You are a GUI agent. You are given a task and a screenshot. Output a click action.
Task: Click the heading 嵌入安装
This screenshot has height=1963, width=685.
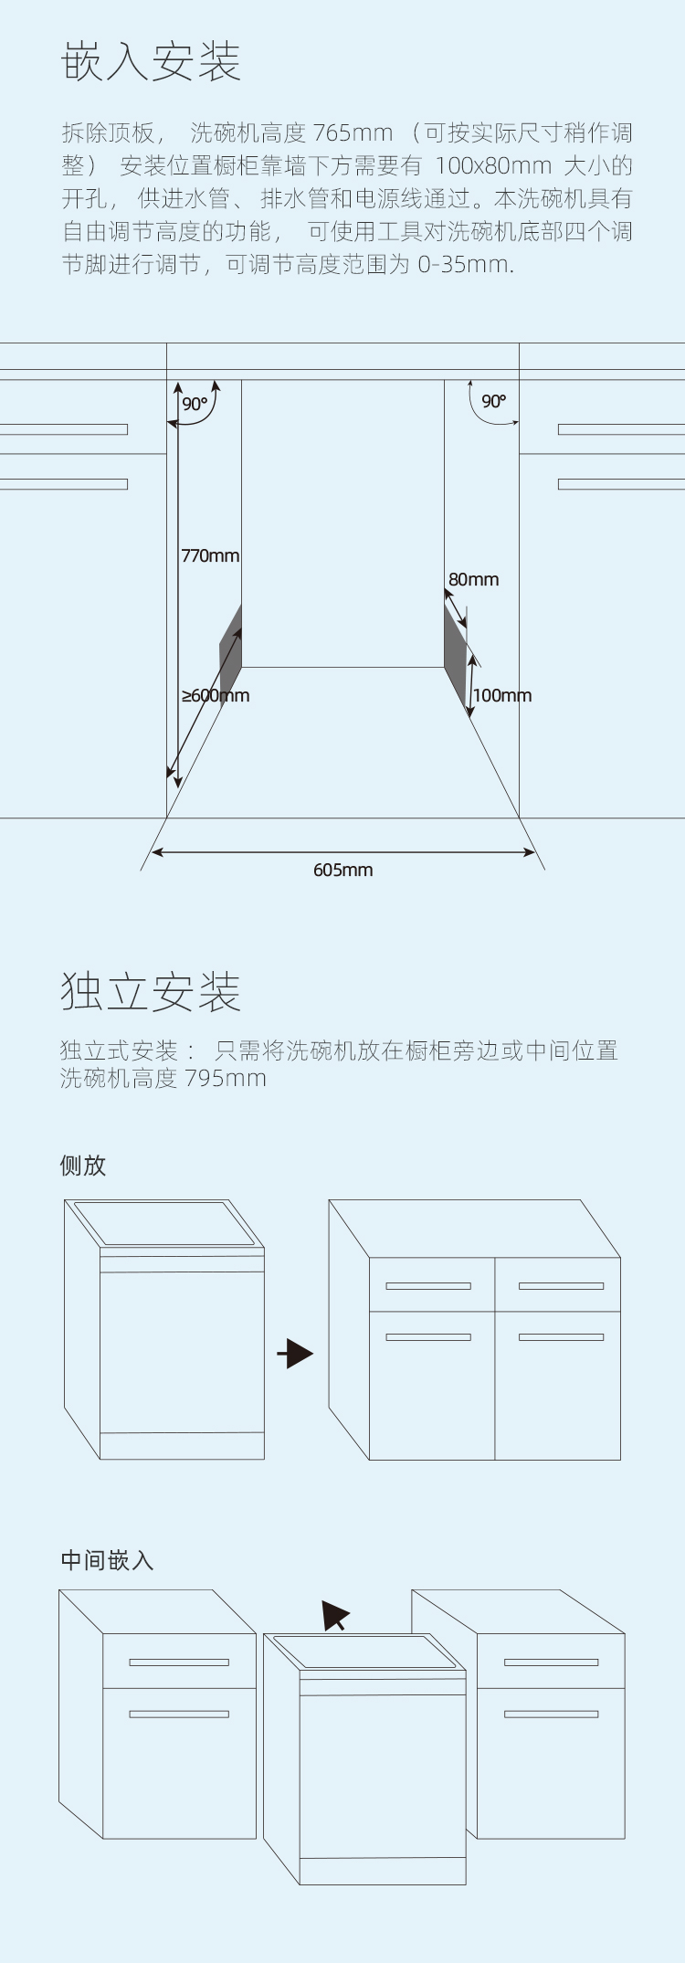click(151, 62)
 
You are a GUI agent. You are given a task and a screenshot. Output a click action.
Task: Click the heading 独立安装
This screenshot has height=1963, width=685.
click(151, 991)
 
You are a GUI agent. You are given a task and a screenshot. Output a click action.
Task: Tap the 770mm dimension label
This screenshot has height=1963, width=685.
click(210, 555)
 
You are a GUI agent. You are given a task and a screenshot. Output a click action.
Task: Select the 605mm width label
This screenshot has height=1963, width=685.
click(343, 870)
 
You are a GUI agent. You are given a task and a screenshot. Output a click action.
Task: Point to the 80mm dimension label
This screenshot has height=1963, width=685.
click(473, 579)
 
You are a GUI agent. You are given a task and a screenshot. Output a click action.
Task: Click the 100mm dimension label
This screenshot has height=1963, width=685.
click(502, 695)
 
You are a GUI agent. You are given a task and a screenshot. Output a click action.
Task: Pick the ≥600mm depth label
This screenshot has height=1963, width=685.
click(216, 695)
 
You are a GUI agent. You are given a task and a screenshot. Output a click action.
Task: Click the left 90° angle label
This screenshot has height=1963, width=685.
click(195, 404)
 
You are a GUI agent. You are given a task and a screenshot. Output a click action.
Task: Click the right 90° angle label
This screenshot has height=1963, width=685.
click(494, 401)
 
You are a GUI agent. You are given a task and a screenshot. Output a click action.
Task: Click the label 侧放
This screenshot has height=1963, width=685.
click(83, 1166)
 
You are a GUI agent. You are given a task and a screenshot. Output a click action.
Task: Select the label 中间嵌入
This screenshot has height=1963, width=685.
click(107, 1560)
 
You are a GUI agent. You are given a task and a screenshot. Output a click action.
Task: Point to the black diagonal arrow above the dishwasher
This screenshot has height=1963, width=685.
click(335, 1615)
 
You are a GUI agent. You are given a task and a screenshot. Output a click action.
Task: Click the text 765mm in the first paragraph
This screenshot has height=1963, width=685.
click(353, 133)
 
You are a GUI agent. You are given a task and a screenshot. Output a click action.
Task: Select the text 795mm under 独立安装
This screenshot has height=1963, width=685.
click(226, 1079)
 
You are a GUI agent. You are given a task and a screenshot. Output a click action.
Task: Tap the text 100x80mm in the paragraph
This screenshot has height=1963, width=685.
click(493, 166)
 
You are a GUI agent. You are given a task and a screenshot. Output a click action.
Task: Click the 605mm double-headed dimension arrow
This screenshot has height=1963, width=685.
click(343, 852)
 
